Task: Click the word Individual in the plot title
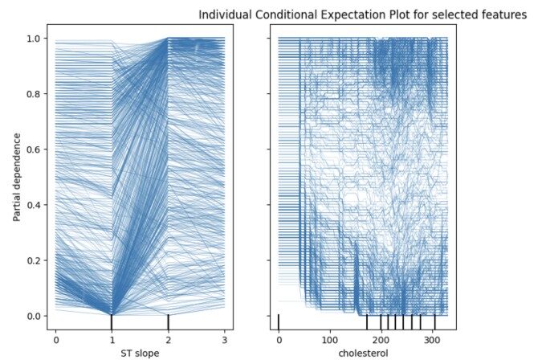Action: click(x=224, y=14)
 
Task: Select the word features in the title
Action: click(x=502, y=14)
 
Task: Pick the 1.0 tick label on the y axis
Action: click(x=33, y=38)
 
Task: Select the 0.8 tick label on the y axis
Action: click(x=33, y=93)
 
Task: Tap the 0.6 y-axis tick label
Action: click(x=33, y=149)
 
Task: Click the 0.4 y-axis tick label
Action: click(x=33, y=204)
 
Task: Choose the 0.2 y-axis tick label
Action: click(x=33, y=260)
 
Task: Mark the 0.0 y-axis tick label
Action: click(x=33, y=316)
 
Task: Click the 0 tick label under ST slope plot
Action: click(x=55, y=333)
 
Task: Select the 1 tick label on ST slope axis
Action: click(x=112, y=333)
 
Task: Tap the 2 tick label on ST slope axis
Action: click(x=168, y=333)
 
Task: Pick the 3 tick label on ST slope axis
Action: click(x=224, y=333)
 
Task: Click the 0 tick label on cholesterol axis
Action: click(x=279, y=333)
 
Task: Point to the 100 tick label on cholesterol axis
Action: click(x=329, y=333)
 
